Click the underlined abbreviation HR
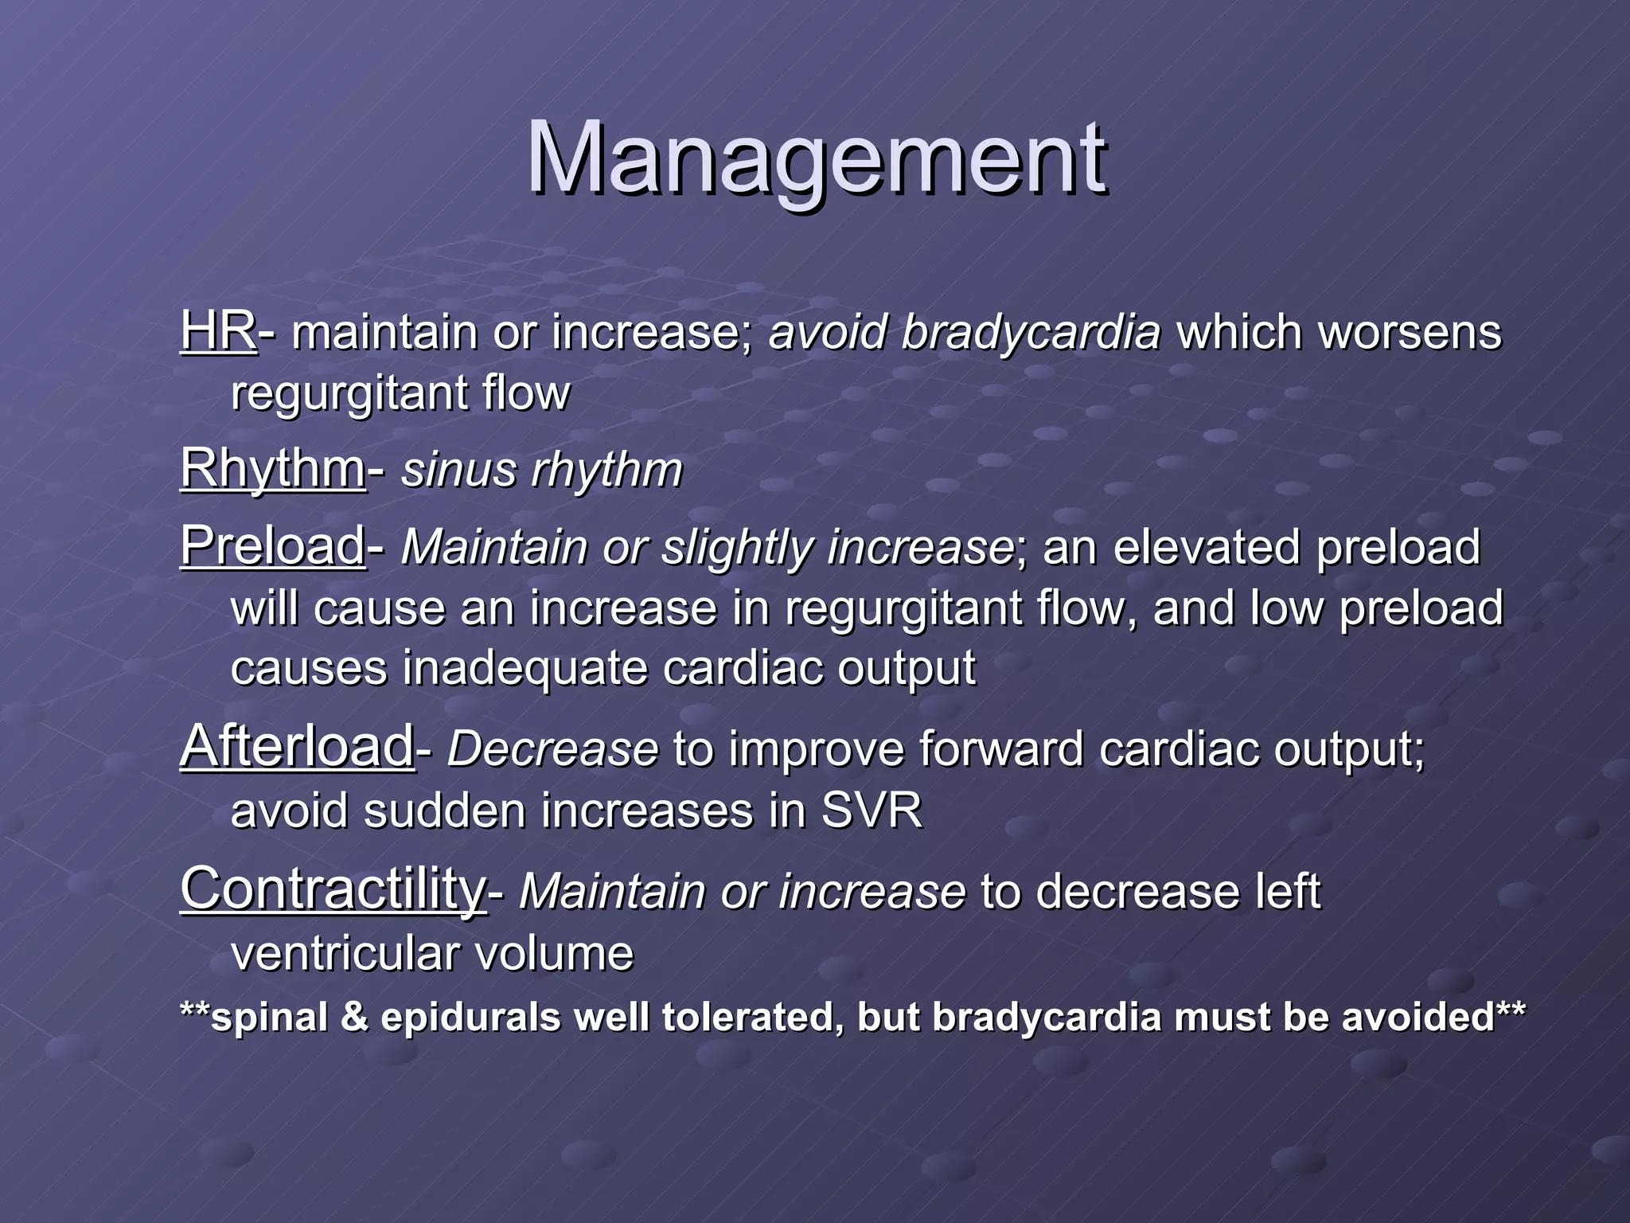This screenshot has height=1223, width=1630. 217,330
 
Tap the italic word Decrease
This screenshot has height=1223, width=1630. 552,749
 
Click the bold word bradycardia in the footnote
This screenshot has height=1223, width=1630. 1046,1018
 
